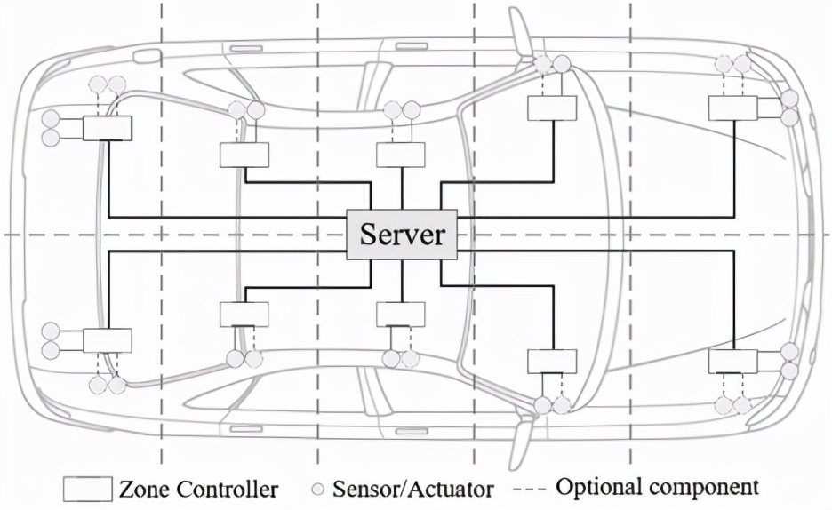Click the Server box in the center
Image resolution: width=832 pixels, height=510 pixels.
point(402,235)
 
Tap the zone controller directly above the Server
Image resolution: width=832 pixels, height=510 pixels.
point(401,155)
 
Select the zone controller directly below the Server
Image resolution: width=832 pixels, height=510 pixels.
point(401,315)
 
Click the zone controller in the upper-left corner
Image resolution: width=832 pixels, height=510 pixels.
point(107,128)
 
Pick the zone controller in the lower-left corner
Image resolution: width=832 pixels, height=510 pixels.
point(107,340)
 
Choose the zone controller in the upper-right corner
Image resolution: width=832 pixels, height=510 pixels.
point(732,108)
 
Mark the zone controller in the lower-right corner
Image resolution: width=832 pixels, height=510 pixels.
point(732,361)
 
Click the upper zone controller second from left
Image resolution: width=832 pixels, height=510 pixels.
point(244,155)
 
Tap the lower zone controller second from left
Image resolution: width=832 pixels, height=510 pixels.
point(244,315)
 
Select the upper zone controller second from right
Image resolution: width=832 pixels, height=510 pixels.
point(552,108)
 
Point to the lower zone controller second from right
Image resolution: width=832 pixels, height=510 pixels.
point(552,361)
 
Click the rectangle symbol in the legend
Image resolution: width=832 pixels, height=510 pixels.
point(87,489)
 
